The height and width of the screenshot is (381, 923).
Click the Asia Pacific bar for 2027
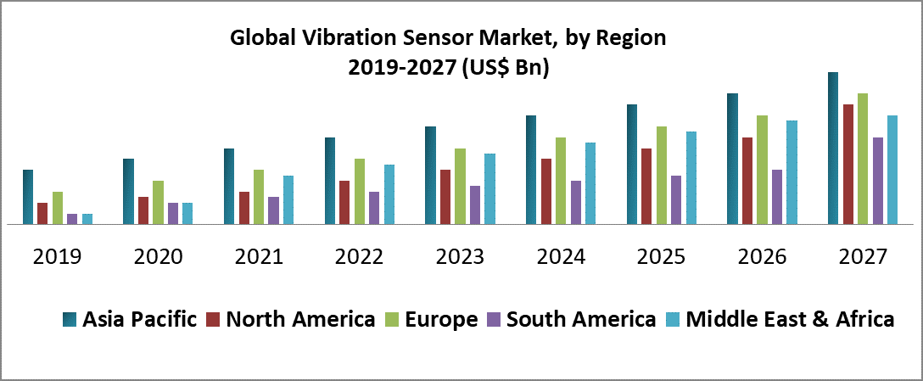coord(833,148)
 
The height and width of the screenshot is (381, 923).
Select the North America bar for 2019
coord(42,214)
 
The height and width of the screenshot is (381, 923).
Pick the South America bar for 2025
coord(676,200)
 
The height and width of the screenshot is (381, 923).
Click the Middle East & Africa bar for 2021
coord(288,200)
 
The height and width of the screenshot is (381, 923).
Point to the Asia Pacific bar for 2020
coord(128,192)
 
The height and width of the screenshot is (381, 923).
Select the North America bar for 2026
coord(747,181)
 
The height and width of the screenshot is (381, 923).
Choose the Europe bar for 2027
coord(863,159)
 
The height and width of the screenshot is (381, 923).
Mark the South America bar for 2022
coord(374,208)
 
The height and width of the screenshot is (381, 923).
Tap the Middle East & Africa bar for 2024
coord(590,183)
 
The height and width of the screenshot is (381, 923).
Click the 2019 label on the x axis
coord(58,256)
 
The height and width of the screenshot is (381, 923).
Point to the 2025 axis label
coord(662,256)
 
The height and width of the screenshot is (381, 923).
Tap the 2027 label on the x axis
coord(863,256)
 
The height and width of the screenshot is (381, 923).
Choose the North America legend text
coord(301,320)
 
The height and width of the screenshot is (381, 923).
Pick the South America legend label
coord(581,320)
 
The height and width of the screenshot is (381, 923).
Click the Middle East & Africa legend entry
coord(789,320)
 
